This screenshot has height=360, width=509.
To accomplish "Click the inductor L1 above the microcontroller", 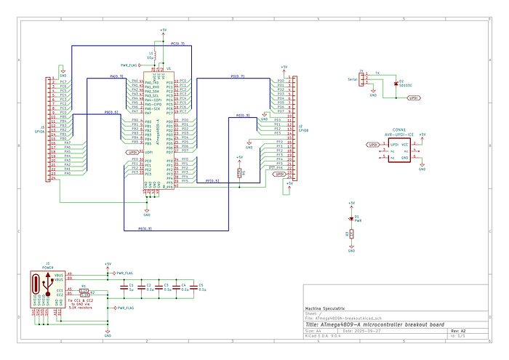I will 156,54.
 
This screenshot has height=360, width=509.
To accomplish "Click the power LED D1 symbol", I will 351,217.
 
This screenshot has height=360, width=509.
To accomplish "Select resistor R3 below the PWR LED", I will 351,233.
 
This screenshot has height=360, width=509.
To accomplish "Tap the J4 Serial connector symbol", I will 366,76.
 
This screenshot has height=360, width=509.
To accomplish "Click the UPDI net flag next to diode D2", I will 414,97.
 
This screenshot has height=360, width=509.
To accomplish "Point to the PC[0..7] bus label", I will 177,44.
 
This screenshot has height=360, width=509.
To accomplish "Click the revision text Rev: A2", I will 458,329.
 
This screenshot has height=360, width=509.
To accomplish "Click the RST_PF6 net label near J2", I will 276,167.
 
